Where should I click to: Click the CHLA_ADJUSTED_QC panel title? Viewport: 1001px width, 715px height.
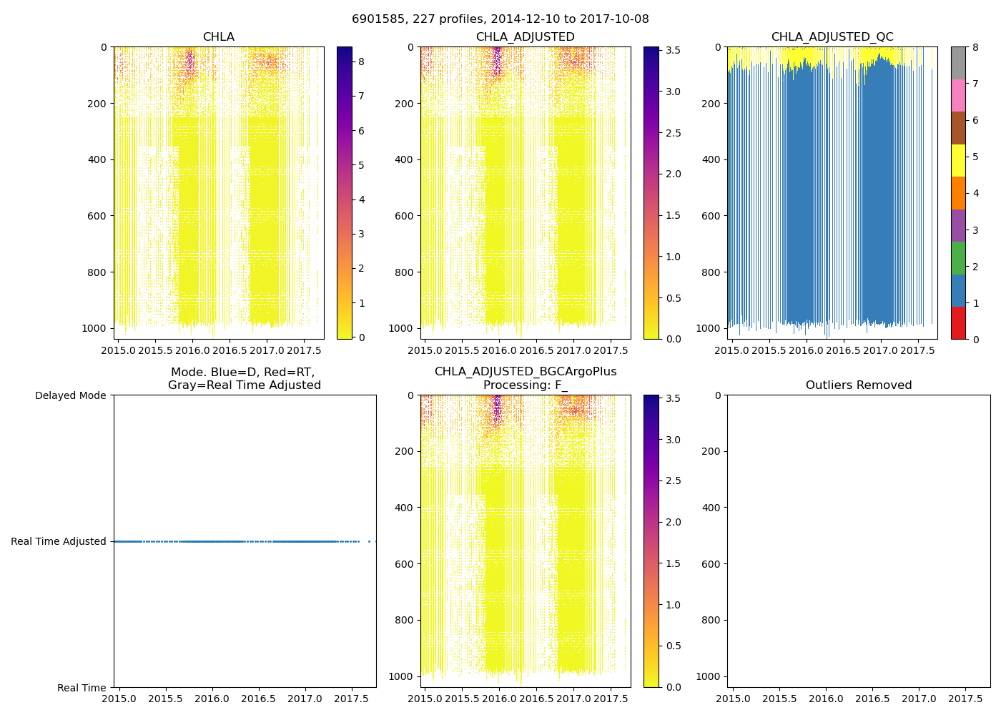pyautogui.click(x=832, y=37)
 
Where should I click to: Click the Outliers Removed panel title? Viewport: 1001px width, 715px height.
pyautogui.click(x=859, y=385)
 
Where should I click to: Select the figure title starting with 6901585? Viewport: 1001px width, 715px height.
pyautogui.click(x=500, y=19)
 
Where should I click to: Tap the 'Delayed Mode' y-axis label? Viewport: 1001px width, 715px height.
pyautogui.click(x=70, y=395)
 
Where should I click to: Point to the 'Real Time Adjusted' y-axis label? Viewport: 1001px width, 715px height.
pyautogui.click(x=59, y=541)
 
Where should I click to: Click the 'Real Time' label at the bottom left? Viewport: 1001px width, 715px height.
pyautogui.click(x=82, y=688)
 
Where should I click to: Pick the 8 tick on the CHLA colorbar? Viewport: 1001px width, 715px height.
pyautogui.click(x=362, y=61)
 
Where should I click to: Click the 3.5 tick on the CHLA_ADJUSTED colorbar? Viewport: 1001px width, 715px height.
pyautogui.click(x=672, y=50)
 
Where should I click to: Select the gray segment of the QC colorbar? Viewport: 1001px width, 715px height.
pyautogui.click(x=958, y=63)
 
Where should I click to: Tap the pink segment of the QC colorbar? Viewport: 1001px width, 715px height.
pyautogui.click(x=958, y=96)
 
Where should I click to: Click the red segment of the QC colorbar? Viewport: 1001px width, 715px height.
pyautogui.click(x=958, y=323)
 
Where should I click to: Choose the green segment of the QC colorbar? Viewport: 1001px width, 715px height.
pyautogui.click(x=958, y=258)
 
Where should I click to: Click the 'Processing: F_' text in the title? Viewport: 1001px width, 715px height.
pyautogui.click(x=526, y=385)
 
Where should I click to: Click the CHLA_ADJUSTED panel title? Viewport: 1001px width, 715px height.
pyautogui.click(x=526, y=37)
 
